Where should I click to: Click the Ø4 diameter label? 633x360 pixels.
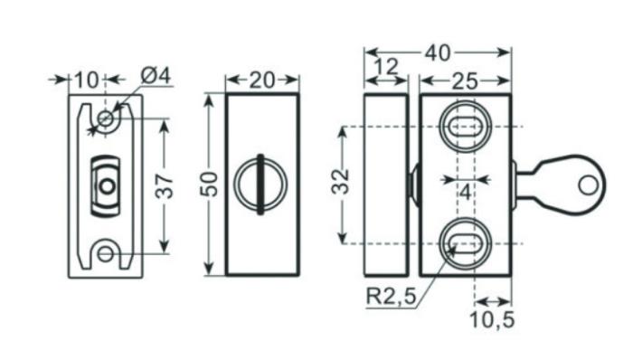[x=156, y=75]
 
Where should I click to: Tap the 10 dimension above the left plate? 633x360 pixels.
[x=87, y=80]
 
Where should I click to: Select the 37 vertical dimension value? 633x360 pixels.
[x=165, y=186]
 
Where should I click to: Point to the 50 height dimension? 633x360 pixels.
[x=209, y=184]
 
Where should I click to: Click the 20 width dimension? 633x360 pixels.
[x=262, y=81]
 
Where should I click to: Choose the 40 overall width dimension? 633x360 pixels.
[x=438, y=53]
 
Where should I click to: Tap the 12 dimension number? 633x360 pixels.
[x=385, y=67]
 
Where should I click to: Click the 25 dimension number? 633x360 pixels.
[x=465, y=82]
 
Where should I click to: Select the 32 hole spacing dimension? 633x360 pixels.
[x=340, y=182]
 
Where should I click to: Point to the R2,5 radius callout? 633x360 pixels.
[x=391, y=297]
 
